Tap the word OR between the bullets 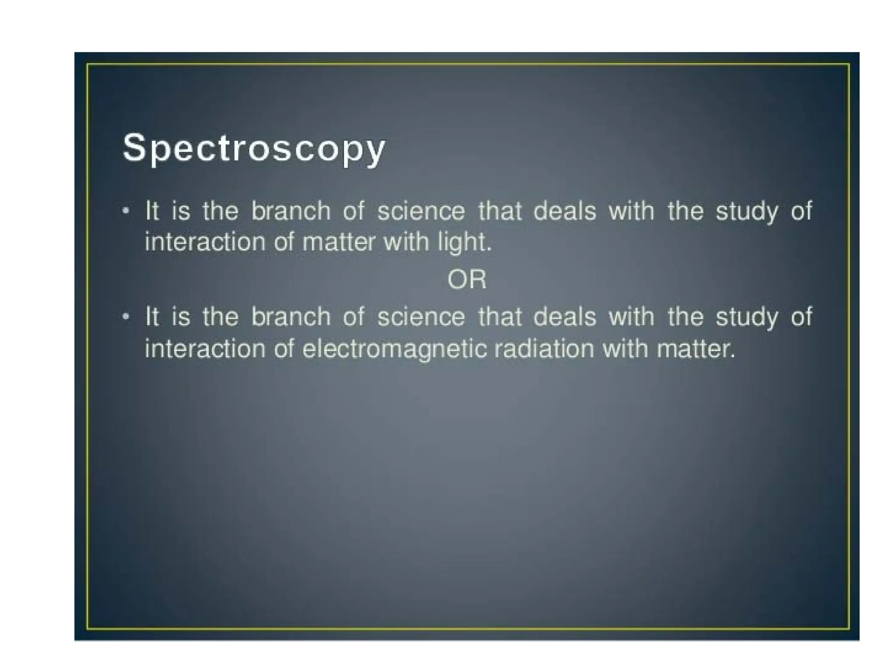[x=467, y=280]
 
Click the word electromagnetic [x=394, y=349]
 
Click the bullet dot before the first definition [x=126, y=211]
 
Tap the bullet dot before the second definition [x=126, y=317]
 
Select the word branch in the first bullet [x=291, y=211]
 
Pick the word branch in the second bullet [x=291, y=317]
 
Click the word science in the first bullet [x=421, y=211]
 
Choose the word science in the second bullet [x=421, y=317]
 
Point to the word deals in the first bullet [x=565, y=211]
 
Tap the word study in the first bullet [x=747, y=212]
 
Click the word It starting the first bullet [x=152, y=211]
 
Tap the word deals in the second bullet [x=565, y=317]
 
